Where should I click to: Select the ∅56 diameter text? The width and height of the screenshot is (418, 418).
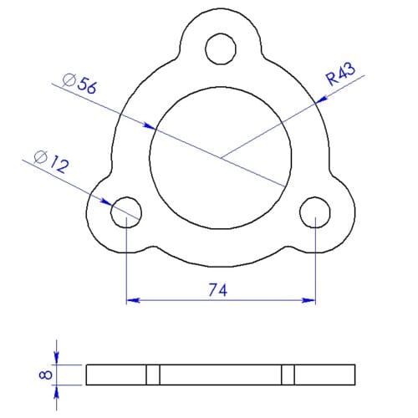[80, 81]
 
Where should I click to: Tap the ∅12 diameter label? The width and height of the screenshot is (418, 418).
[51, 160]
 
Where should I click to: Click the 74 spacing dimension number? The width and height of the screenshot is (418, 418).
[219, 289]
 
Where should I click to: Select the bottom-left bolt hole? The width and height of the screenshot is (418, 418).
[126, 210]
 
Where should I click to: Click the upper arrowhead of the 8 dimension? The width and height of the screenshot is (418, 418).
[57, 359]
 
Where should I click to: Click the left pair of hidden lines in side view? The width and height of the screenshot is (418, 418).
[153, 375]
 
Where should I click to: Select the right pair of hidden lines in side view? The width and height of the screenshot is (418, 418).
[288, 375]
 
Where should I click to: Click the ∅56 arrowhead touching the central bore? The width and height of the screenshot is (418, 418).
[151, 128]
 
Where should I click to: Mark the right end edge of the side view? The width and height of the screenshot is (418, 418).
[359, 375]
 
